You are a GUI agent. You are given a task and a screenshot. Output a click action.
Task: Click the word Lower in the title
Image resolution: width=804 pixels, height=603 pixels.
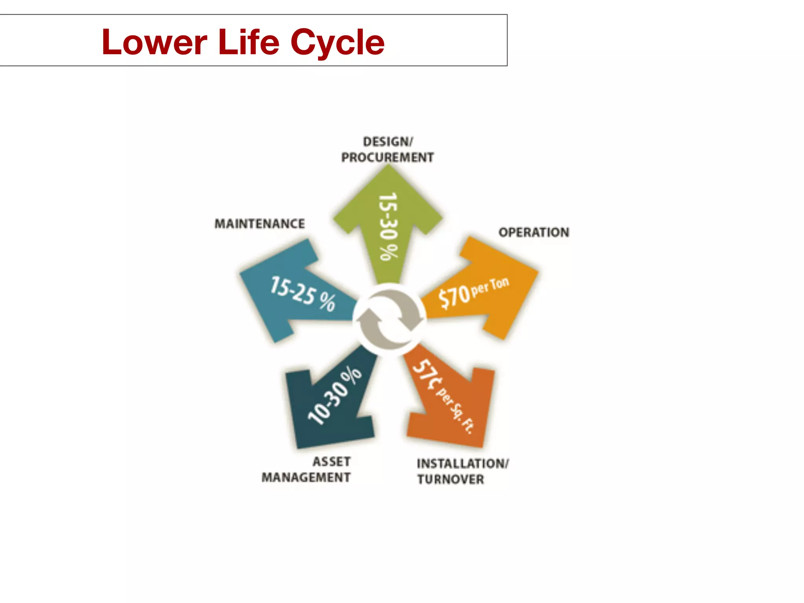[154, 42]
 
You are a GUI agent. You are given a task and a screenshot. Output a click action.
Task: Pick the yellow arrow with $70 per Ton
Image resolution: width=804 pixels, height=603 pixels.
[487, 291]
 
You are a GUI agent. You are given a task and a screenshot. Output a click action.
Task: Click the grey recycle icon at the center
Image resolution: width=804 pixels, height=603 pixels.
[389, 318]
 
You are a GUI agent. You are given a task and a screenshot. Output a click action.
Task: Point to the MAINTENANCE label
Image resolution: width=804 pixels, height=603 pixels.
[259, 224]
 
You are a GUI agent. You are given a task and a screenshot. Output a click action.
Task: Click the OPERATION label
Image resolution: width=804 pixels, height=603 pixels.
[534, 232]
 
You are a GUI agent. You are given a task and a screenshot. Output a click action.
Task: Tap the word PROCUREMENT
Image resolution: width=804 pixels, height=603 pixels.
[387, 157]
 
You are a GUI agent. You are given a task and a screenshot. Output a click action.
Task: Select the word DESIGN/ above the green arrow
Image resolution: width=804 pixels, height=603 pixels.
[388, 141]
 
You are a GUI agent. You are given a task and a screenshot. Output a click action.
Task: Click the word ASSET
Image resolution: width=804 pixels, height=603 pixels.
[331, 462]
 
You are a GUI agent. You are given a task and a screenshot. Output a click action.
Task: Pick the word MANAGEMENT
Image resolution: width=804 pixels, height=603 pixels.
[306, 477]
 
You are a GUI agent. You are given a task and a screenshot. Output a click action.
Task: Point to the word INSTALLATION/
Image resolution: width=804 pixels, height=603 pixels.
[462, 464]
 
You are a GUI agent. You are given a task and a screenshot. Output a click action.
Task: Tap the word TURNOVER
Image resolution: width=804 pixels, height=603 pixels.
[450, 479]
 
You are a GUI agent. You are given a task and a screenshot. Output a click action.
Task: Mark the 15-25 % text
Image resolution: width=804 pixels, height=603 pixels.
[303, 294]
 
